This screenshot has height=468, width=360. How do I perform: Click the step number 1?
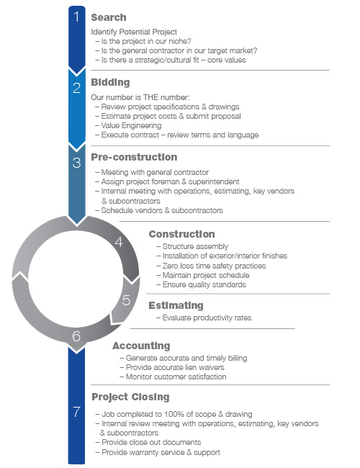pos(77,17)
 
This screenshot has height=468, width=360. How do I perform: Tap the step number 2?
pos(77,88)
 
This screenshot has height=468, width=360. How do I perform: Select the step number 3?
pos(77,163)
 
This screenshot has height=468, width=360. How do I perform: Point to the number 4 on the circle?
pos(119,242)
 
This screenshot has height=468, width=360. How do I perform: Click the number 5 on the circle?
pos(126,300)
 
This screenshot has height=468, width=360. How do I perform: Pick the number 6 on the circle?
pos(76,336)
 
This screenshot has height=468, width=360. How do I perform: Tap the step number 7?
pos(77,412)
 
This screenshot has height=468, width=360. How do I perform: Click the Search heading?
pos(109,17)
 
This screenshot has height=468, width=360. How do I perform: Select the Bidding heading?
pos(110,82)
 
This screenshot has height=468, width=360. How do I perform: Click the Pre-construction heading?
pos(134,157)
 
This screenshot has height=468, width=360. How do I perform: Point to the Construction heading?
pos(181,234)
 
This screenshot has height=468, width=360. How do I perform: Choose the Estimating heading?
pos(176,305)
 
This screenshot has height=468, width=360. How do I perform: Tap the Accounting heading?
pos(142,346)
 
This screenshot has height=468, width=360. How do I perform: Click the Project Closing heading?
pos(131,397)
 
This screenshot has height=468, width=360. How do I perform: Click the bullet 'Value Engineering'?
pos(128,126)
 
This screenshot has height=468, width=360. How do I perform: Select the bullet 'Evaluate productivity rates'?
pos(204,318)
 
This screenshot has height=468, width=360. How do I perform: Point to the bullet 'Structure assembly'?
pos(192,246)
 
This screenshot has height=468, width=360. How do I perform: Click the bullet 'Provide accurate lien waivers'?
pos(172,367)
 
